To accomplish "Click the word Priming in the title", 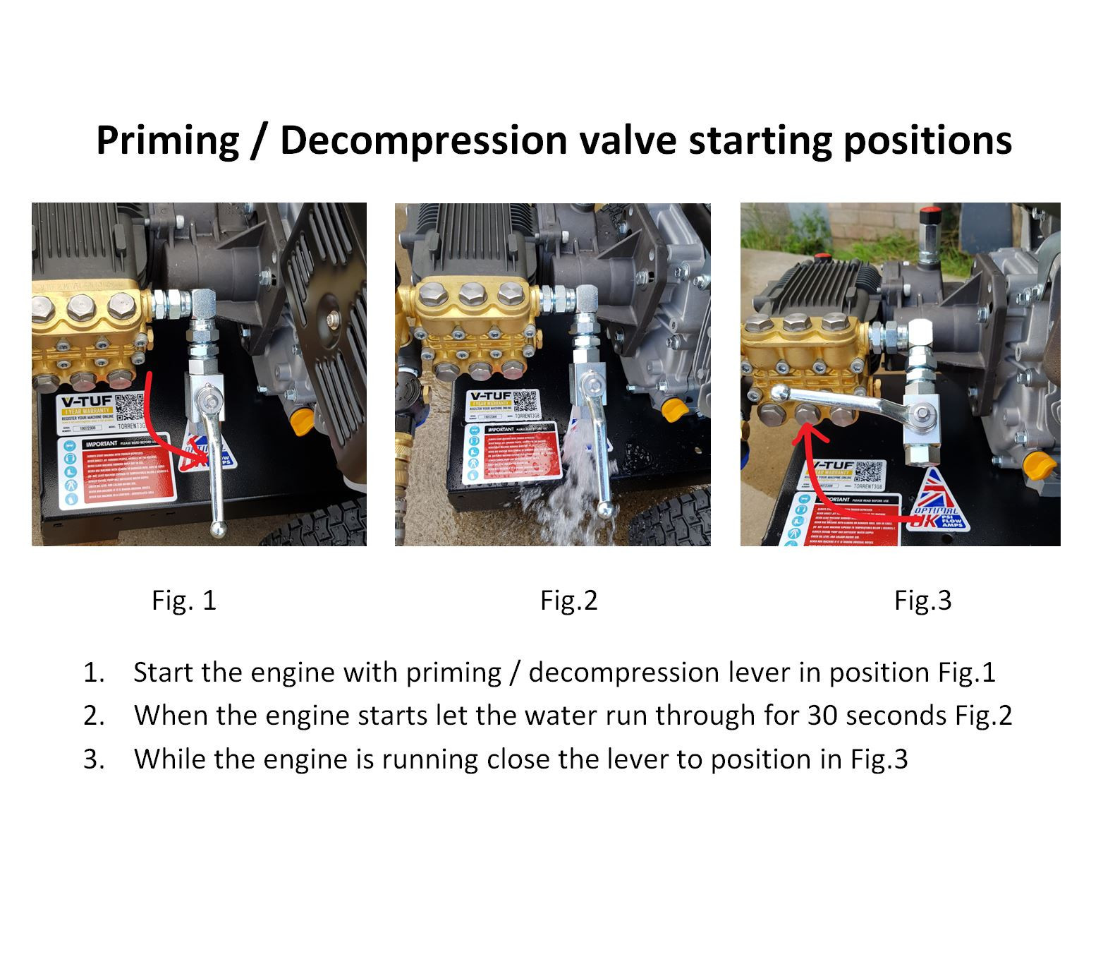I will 167,140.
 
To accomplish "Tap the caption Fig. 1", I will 184,601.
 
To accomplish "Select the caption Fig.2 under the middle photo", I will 568,601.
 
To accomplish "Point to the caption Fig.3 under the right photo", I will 922,601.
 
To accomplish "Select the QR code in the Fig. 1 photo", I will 132,409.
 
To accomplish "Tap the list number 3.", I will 93,759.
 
